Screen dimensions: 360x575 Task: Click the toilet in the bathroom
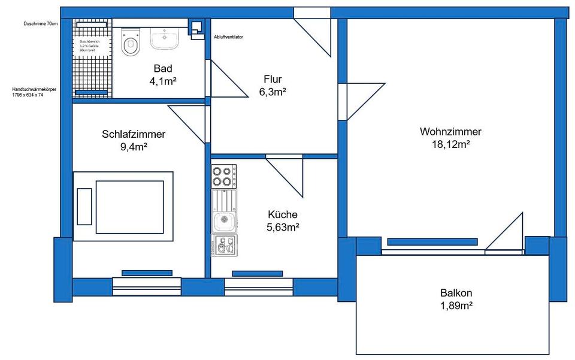pos(130,43)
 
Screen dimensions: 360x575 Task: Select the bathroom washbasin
pos(164,38)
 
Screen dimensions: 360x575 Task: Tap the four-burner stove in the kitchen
pos(224,176)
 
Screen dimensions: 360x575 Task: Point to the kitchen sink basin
pos(223,221)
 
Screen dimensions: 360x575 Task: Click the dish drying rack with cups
pos(224,245)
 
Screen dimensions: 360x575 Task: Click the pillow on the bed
pos(84,206)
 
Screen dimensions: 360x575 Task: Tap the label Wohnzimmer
pos(450,132)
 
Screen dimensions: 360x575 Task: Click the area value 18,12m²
pos(450,144)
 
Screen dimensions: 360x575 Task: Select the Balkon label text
pos(456,293)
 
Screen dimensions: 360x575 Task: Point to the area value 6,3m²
pos(273,92)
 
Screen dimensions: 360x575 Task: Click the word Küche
pos(283,214)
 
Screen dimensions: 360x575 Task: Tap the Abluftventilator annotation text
pos(228,37)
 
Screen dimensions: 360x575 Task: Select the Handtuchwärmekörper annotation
pos(34,92)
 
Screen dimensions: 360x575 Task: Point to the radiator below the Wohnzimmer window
pos(432,242)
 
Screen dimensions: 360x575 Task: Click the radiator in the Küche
pos(249,274)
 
